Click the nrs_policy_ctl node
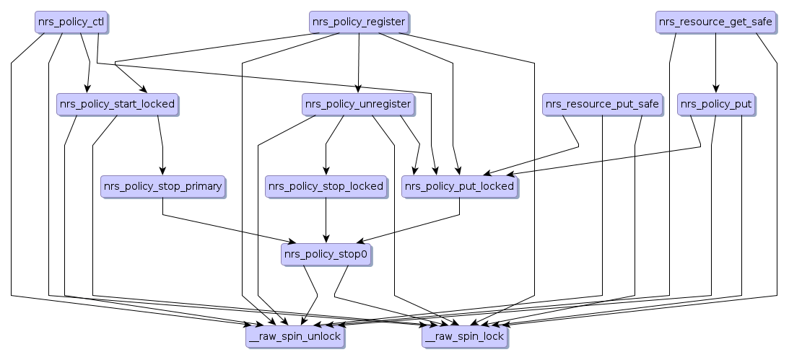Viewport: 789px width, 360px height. tap(69, 22)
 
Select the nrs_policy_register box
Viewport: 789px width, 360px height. tap(358, 22)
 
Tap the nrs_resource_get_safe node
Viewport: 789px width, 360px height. tap(715, 22)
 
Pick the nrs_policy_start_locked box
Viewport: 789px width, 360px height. tap(117, 105)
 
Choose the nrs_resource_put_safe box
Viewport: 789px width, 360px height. tap(602, 105)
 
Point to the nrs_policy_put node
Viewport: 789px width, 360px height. tap(716, 105)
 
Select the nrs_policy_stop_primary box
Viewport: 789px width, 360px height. tap(162, 187)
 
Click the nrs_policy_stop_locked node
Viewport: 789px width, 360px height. tap(326, 187)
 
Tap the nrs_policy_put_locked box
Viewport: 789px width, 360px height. tap(459, 187)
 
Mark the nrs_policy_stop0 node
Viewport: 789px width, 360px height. tap(326, 254)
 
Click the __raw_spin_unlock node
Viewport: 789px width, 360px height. tap(295, 336)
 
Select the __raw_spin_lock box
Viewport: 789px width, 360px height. tap(464, 336)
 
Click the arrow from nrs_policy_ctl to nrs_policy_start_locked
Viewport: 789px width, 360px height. tap(85, 58)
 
